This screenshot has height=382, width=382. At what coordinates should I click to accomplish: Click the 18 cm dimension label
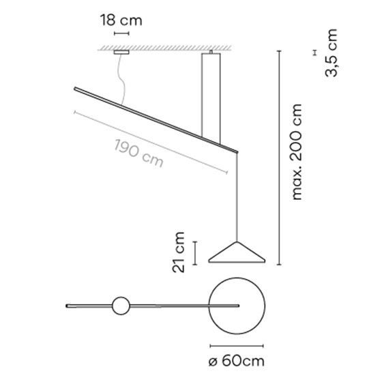point(121,20)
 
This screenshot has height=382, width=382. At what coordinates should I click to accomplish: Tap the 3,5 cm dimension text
point(331,53)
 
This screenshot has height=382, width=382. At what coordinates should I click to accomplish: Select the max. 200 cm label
point(297,152)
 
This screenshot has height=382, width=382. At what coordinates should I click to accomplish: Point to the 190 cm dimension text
point(138,153)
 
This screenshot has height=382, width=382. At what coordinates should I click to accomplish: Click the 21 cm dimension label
point(179,252)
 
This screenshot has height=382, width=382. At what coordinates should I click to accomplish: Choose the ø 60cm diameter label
point(237,361)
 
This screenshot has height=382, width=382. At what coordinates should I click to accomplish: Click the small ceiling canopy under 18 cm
point(121,52)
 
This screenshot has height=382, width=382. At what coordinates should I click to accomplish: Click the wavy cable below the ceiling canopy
point(124,80)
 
